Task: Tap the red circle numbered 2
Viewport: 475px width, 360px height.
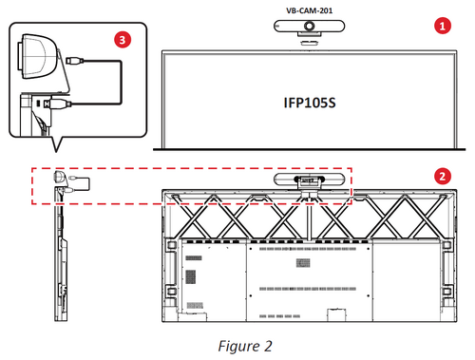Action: (x=440, y=176)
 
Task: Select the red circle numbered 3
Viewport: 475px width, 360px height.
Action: (x=121, y=39)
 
